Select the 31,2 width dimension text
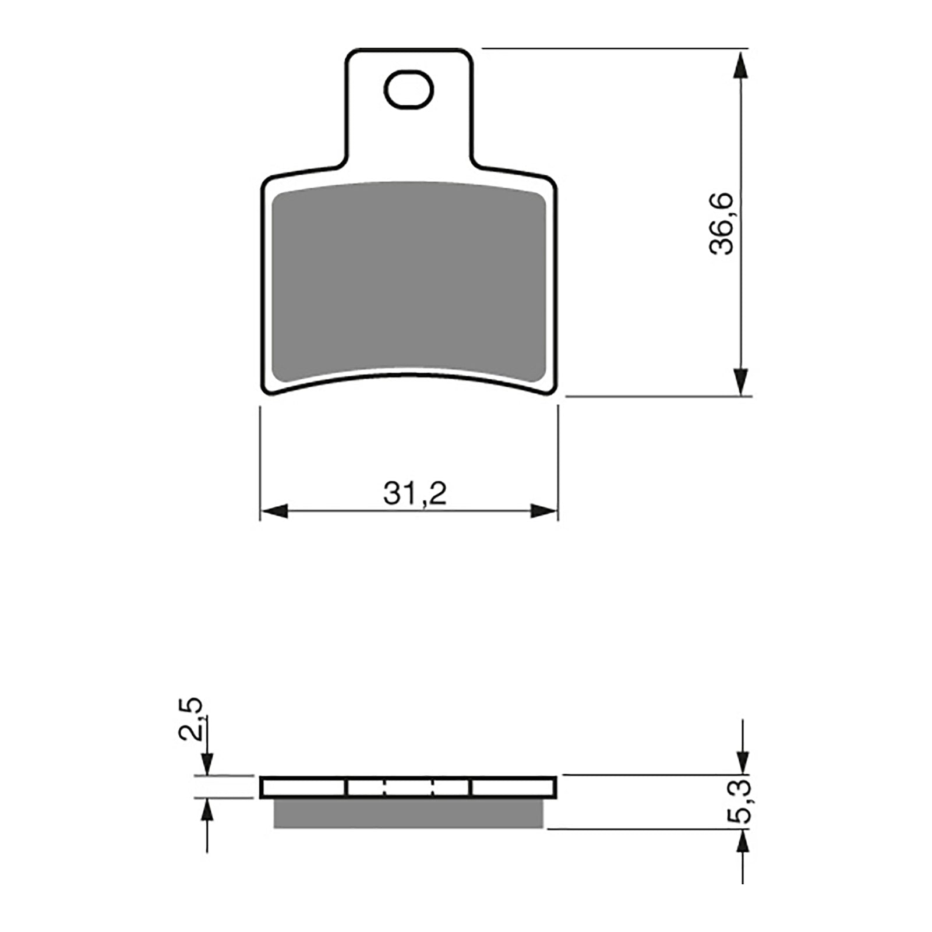tap(415, 494)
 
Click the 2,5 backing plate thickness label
tap(191, 718)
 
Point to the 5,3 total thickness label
tap(742, 802)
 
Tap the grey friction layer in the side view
tap(408, 813)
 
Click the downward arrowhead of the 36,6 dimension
tap(741, 382)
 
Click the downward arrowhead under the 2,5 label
tap(207, 764)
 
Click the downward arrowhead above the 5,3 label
tap(742, 761)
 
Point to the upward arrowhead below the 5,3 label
tap(742, 842)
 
